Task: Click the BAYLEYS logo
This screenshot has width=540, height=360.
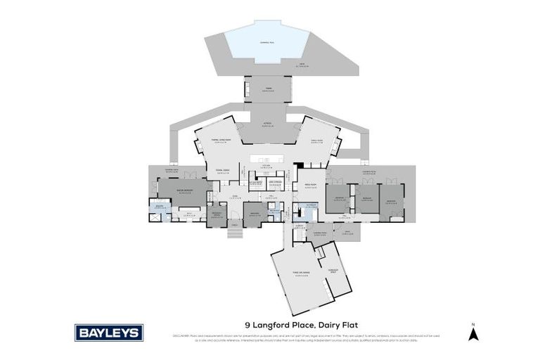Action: [109, 333]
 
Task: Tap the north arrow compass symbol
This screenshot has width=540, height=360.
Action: [473, 332]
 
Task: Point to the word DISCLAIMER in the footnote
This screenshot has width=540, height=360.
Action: [181, 335]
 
